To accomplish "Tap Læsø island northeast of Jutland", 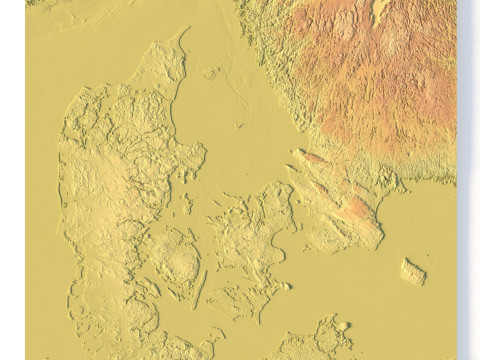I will coord(211,73).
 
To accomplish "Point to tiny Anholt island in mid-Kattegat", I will coord(240,126).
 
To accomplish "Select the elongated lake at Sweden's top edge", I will coord(379,12).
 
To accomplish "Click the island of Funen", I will coord(175,262).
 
